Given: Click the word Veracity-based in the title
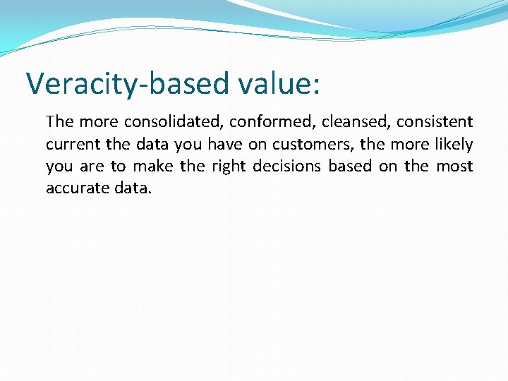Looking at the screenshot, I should [x=126, y=84].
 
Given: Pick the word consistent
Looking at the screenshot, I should [x=435, y=122].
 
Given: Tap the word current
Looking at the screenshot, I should [x=71, y=145].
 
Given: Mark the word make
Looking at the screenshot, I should [x=154, y=167].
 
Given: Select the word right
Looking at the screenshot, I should [x=226, y=167].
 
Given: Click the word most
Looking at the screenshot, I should [x=455, y=167].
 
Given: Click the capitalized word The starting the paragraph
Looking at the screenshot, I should [x=59, y=122].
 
